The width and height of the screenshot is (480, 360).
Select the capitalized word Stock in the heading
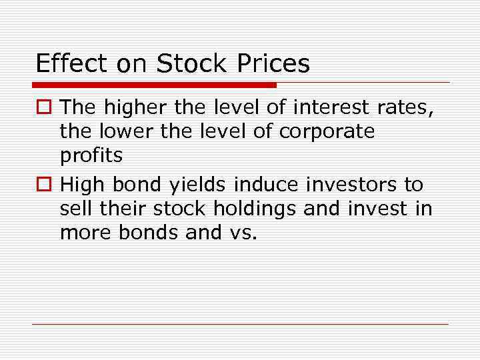[x=192, y=63]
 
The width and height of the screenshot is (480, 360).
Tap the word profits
[x=91, y=156]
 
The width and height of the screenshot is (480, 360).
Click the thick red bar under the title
[x=154, y=85]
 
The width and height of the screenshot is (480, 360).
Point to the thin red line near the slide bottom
[x=240, y=325]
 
